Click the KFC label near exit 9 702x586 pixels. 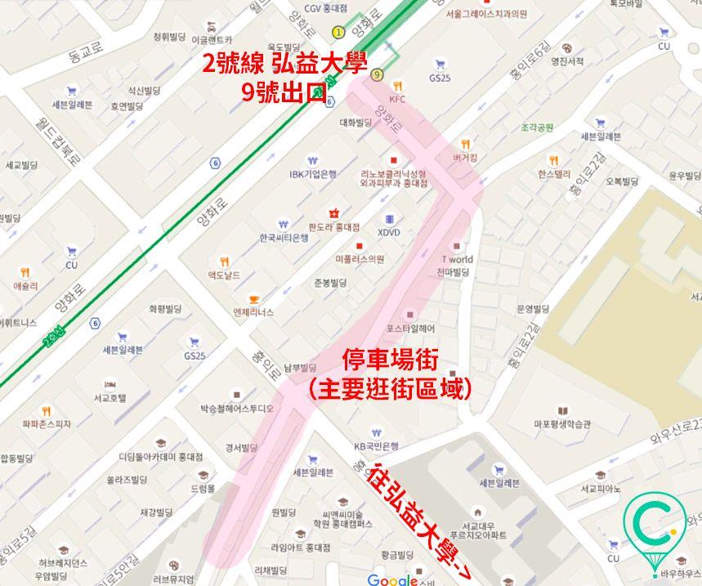[397, 99]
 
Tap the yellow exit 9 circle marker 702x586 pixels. [376, 75]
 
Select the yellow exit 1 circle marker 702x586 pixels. [338, 32]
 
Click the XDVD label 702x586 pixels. [389, 232]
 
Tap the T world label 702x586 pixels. [457, 260]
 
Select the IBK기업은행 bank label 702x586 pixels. [312, 173]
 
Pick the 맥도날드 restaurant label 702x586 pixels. [224, 275]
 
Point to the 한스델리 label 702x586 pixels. [554, 174]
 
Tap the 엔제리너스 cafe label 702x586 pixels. [253, 312]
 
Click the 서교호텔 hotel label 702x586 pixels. [110, 398]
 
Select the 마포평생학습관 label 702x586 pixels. [562, 424]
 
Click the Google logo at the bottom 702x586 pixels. [392, 579]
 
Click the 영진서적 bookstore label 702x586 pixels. [567, 60]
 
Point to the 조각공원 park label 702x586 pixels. [537, 127]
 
